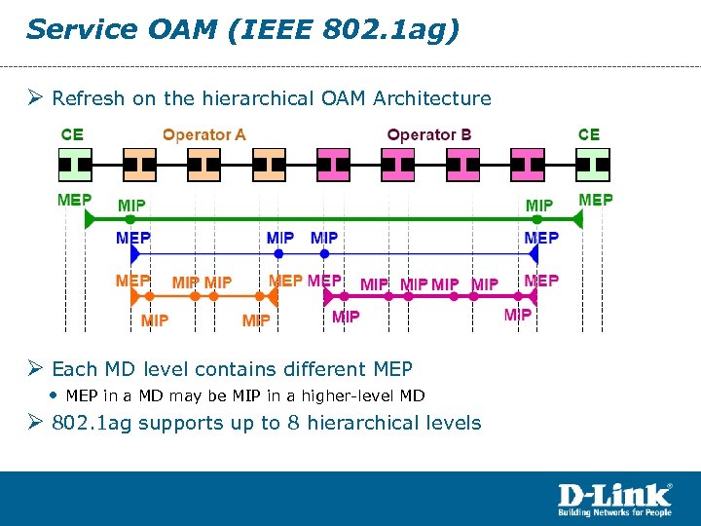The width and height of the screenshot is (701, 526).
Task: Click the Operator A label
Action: pyautogui.click(x=203, y=135)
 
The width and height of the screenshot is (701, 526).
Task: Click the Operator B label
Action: pyautogui.click(x=429, y=135)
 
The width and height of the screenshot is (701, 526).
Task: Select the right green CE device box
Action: pyautogui.click(x=592, y=165)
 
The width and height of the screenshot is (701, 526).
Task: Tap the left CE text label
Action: pyautogui.click(x=72, y=135)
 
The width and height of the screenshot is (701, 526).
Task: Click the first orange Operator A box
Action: pyautogui.click(x=139, y=165)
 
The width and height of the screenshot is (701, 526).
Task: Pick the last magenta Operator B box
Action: pyautogui.click(x=528, y=165)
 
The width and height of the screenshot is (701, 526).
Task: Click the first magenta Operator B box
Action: pyautogui.click(x=334, y=165)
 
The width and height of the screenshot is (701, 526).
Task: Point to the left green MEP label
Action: pyautogui.click(x=75, y=201)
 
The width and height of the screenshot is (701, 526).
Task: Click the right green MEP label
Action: pyautogui.click(x=596, y=201)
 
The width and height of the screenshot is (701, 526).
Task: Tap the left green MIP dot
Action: pyautogui.click(x=130, y=221)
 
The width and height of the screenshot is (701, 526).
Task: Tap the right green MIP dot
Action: pyautogui.click(x=536, y=221)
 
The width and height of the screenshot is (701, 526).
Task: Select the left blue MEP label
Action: pyautogui.click(x=133, y=237)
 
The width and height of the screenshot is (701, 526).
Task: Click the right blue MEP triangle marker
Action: pyautogui.click(x=534, y=254)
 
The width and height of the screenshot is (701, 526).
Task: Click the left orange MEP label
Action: pyautogui.click(x=133, y=281)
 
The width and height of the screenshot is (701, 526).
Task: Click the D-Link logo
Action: pyautogui.click(x=613, y=498)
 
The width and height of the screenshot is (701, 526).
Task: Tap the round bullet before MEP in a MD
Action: pyautogui.click(x=53, y=395)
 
